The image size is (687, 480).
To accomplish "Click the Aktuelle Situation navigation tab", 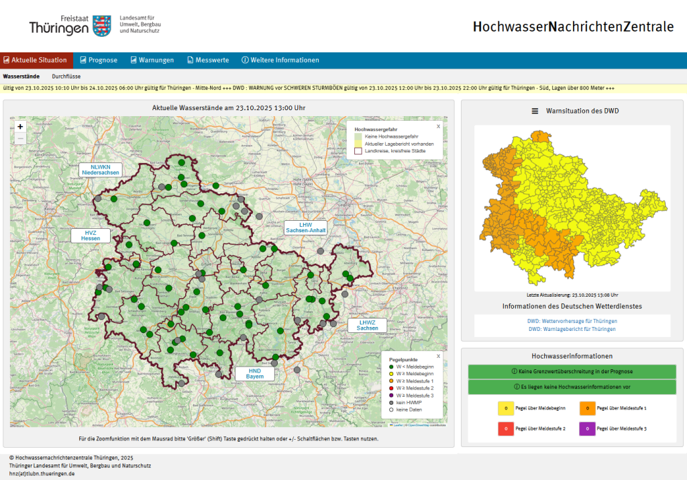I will [x=36, y=60].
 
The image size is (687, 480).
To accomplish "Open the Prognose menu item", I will [x=97, y=60].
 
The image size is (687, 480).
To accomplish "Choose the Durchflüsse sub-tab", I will [x=66, y=77].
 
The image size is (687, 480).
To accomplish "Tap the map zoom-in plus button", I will [x=20, y=126].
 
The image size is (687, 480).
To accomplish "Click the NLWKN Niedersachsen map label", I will [x=100, y=170].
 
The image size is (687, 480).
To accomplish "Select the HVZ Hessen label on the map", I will [x=90, y=236].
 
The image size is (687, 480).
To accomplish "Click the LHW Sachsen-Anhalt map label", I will [x=305, y=228].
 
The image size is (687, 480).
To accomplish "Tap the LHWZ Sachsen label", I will [x=367, y=326].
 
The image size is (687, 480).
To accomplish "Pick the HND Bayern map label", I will [x=255, y=374].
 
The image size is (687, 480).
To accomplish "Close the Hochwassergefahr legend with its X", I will [x=438, y=126].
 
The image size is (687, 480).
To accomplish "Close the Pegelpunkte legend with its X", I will [x=438, y=356].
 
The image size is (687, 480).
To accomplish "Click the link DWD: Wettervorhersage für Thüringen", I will [x=572, y=321].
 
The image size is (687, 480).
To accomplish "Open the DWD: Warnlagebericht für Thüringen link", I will [x=572, y=329].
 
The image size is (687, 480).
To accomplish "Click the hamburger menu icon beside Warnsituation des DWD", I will [x=535, y=111].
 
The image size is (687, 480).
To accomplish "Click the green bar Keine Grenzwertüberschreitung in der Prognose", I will [x=572, y=371].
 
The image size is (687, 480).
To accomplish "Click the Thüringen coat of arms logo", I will [x=101, y=26].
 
